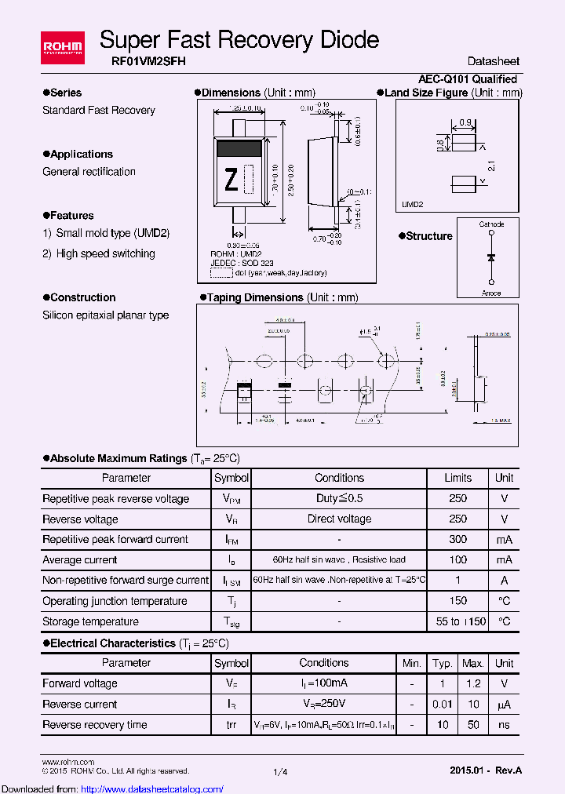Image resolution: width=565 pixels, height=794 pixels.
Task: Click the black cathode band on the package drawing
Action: (x=239, y=147)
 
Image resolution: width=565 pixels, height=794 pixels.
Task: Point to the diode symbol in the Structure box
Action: (x=491, y=257)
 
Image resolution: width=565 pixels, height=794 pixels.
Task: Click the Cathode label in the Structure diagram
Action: (x=491, y=224)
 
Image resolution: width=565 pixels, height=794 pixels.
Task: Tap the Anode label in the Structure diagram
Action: (x=491, y=293)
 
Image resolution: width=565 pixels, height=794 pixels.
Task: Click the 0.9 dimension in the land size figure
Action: (x=465, y=122)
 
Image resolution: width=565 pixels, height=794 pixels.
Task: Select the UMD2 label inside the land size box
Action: (x=413, y=204)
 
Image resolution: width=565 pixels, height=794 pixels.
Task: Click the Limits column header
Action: (x=458, y=478)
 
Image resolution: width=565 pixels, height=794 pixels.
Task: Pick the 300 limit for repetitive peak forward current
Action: (x=458, y=540)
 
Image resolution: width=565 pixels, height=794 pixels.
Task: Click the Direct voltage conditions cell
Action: (x=339, y=519)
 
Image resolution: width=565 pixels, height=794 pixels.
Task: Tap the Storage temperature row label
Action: (x=90, y=622)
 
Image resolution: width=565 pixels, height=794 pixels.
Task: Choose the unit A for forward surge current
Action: (x=504, y=581)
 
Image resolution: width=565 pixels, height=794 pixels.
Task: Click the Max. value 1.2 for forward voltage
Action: (x=472, y=684)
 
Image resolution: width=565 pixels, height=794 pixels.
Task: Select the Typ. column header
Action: (x=443, y=664)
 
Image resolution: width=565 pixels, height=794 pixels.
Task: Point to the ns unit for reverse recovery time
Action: (x=504, y=725)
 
